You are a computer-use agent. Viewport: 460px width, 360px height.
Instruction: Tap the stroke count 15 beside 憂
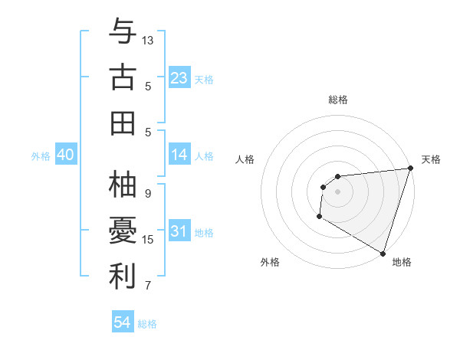pos(148,240)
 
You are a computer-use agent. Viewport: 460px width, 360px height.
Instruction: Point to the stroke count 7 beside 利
pos(148,286)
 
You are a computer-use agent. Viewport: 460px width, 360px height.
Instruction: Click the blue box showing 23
pos(179,77)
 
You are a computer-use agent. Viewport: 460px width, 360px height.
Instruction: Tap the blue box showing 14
pos(179,155)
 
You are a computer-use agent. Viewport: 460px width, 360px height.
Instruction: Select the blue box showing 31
pos(179,231)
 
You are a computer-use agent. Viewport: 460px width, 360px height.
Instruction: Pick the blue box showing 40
pos(65,155)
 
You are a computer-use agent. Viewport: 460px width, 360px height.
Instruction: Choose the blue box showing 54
pos(122,322)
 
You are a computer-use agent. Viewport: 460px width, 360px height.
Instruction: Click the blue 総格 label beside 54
pos(147,324)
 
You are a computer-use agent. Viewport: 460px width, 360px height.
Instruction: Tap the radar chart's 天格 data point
pos(410,169)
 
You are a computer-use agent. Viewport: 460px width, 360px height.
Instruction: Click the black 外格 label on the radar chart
pos(270,262)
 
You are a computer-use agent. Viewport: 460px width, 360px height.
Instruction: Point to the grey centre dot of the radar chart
pos(337,191)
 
